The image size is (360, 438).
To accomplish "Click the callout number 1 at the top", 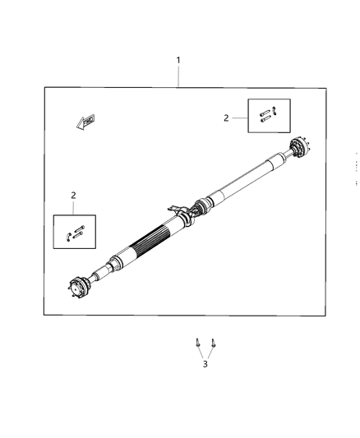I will point(178,60).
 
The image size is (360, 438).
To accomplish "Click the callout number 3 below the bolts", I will point(205,364).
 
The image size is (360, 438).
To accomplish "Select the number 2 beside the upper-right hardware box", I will point(226,118).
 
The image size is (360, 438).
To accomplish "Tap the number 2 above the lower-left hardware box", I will point(73,196).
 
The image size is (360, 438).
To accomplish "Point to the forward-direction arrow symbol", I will point(84,122).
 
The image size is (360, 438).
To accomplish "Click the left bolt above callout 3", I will point(198,343).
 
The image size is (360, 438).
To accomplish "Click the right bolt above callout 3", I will point(213,343).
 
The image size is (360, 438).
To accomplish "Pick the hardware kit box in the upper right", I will point(269,116).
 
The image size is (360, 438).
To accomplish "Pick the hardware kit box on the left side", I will point(75,232).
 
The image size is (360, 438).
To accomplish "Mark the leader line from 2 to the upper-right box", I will point(239,118).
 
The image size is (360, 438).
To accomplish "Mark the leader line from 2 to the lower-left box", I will point(74,208).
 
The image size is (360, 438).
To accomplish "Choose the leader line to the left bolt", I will point(201,354).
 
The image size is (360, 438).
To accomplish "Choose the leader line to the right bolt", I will point(210,354).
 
